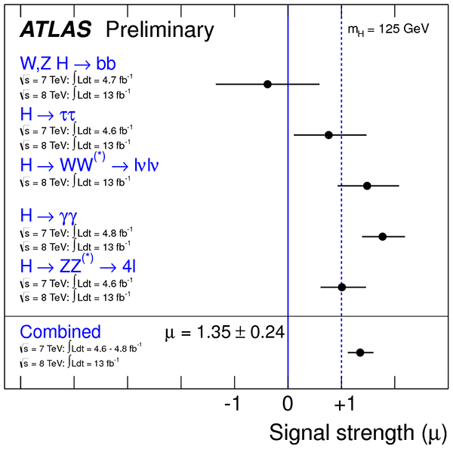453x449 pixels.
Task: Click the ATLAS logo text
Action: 55,29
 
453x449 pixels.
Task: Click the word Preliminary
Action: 159,29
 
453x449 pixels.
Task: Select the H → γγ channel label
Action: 48,217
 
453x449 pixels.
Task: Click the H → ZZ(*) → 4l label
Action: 78,266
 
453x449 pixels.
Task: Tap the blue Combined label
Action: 60,332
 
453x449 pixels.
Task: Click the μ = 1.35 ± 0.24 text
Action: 224,331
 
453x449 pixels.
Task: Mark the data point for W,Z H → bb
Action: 267,84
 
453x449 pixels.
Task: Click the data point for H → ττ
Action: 328,135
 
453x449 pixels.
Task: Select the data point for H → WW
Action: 367,186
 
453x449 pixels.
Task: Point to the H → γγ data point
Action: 382,236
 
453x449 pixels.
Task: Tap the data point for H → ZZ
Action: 341,287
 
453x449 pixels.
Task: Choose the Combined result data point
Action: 360,352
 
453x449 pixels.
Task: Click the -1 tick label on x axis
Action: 233,404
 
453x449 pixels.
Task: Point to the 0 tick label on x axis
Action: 288,404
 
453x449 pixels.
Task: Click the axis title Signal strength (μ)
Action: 357,432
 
